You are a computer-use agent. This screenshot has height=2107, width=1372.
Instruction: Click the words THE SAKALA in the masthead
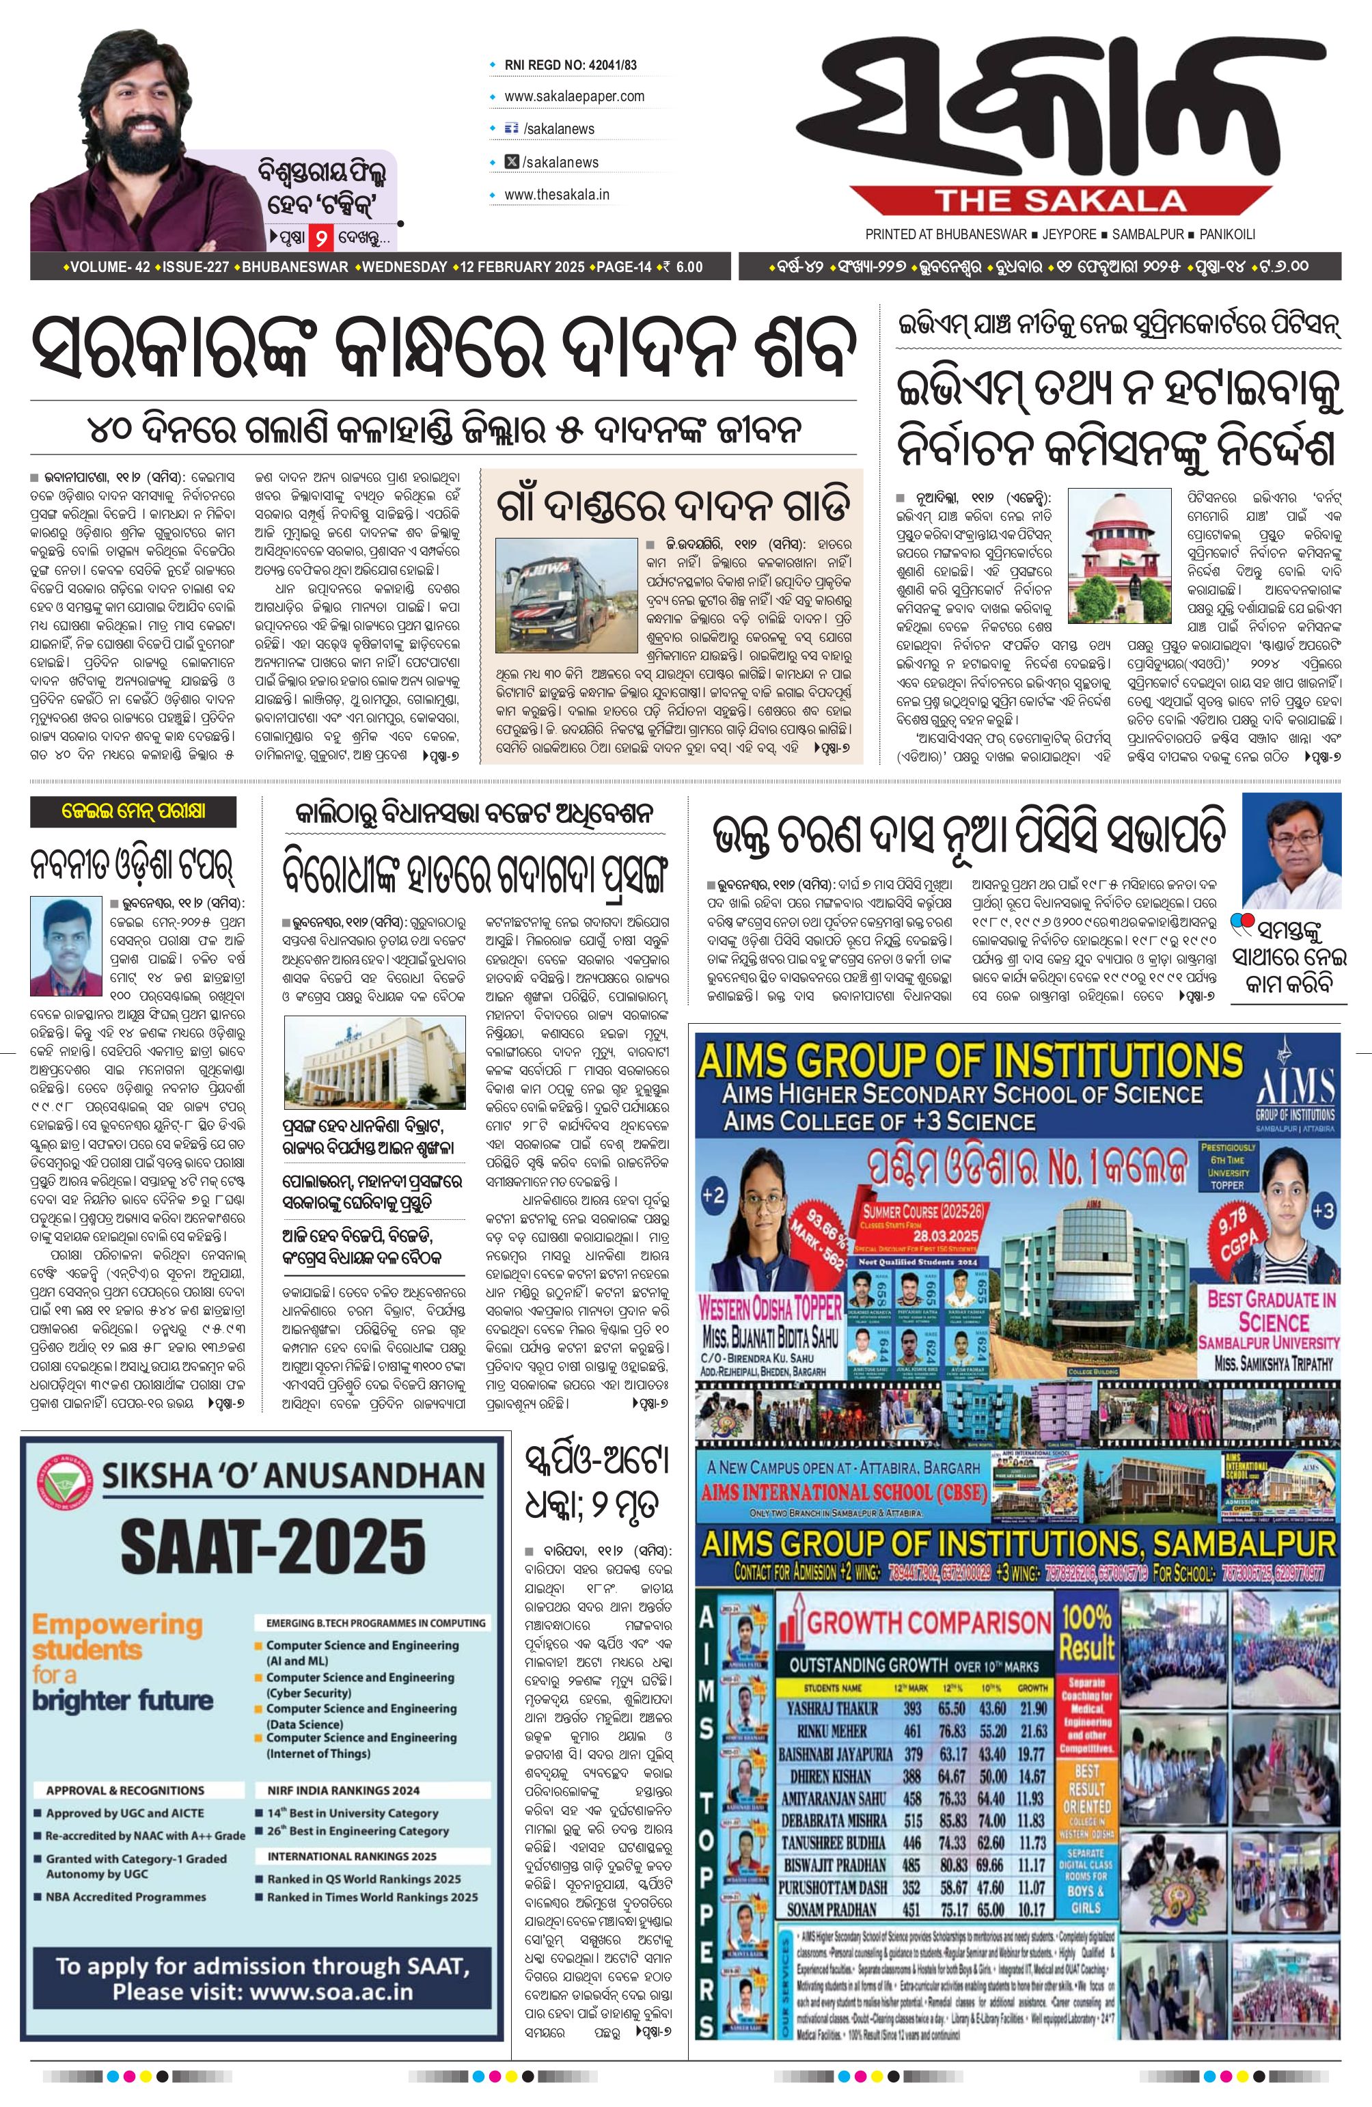coord(1060,202)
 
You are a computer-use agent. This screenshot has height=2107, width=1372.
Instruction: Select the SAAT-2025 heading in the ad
coord(273,1547)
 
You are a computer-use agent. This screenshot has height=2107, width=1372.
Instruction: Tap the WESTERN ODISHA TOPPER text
coord(770,1307)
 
